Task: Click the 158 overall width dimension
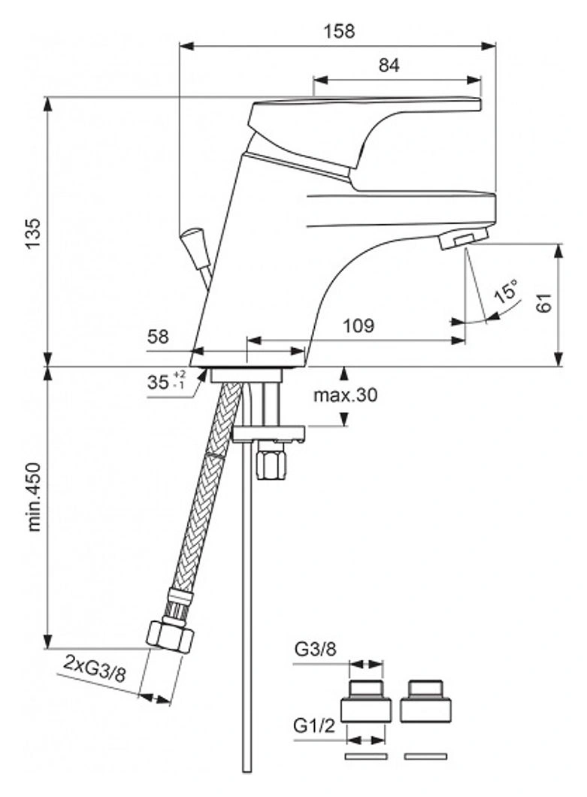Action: point(339,32)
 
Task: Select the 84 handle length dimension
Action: point(389,65)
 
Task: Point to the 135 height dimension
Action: point(33,233)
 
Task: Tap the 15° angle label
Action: point(507,291)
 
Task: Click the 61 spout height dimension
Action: point(544,303)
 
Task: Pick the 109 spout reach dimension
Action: point(359,326)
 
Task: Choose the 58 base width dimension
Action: point(158,337)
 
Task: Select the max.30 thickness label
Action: point(346,395)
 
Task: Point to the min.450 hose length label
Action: point(34,496)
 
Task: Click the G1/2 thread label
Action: point(315,727)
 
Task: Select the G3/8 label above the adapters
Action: point(315,650)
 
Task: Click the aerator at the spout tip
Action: point(464,239)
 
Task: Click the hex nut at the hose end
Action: point(171,635)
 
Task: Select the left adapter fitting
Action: point(366,701)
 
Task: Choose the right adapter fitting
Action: point(425,701)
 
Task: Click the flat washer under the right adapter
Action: point(426,756)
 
